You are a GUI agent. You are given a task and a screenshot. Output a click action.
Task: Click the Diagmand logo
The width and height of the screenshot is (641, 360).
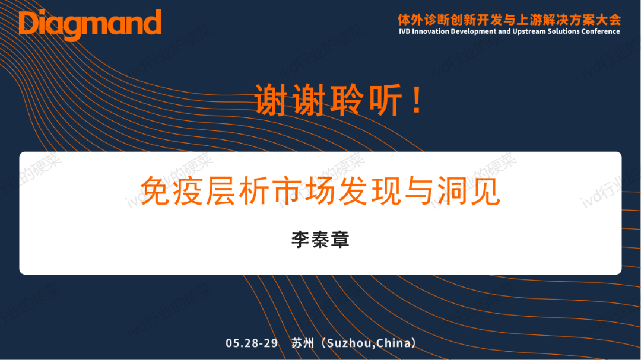[90, 24]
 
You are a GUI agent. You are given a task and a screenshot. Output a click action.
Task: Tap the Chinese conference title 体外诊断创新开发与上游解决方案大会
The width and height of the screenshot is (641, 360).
[509, 20]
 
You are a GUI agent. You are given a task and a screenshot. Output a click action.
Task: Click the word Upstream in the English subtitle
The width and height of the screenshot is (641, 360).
[528, 31]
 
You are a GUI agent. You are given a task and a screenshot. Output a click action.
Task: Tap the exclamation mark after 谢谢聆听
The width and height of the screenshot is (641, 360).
[417, 100]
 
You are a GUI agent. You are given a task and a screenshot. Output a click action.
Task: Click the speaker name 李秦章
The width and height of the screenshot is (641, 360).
[320, 240]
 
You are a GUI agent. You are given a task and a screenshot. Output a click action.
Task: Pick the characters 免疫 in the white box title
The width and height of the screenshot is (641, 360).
[172, 190]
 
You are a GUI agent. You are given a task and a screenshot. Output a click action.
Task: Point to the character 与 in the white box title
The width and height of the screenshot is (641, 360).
[420, 190]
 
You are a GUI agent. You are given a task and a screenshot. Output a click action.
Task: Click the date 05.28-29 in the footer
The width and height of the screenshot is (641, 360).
[252, 343]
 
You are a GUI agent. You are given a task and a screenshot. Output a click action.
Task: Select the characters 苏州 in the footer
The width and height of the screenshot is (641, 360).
[303, 343]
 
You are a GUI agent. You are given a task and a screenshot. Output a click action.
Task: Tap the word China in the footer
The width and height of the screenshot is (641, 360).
[394, 343]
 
